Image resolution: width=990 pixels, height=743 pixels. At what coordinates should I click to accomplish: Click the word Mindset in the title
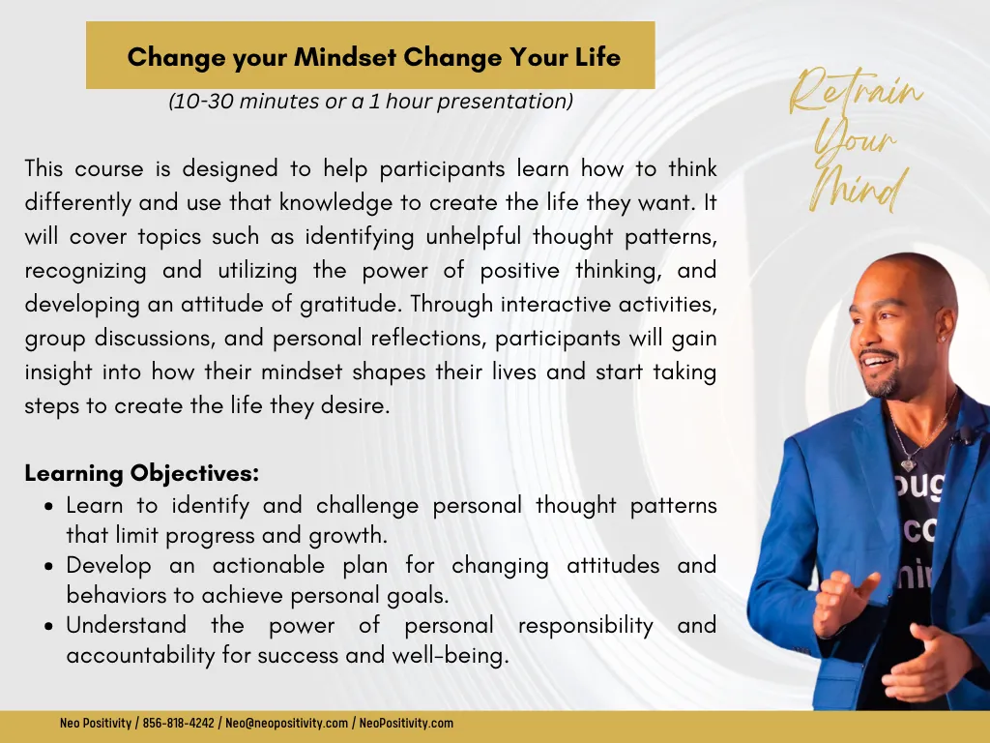click(345, 57)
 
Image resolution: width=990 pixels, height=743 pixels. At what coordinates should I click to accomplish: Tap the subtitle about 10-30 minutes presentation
click(370, 101)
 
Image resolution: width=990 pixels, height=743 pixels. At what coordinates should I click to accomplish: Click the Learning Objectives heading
click(142, 473)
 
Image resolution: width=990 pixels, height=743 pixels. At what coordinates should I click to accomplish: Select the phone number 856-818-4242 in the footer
click(178, 723)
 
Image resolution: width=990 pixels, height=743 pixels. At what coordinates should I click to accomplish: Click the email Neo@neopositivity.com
click(286, 723)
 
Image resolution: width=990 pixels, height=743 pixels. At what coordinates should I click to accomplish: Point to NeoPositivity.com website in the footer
click(406, 723)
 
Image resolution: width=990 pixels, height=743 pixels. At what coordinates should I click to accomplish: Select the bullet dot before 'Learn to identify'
click(49, 507)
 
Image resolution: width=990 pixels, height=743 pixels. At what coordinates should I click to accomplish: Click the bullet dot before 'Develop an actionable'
click(49, 567)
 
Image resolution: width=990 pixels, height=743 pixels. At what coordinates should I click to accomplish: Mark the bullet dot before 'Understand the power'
click(49, 627)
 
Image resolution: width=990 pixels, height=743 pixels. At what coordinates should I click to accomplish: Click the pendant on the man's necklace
click(908, 465)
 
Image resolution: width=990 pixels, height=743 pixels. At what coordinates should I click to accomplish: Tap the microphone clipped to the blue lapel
click(964, 434)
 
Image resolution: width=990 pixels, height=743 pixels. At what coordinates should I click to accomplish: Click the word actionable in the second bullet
click(269, 565)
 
